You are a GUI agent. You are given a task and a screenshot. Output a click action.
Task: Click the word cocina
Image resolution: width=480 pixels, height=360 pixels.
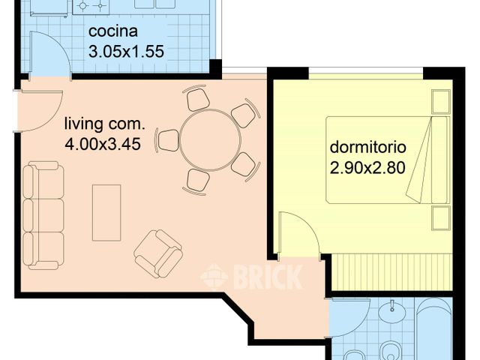[x=112, y=32]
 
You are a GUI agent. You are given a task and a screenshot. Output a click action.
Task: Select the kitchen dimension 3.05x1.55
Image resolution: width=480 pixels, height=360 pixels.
[x=126, y=52]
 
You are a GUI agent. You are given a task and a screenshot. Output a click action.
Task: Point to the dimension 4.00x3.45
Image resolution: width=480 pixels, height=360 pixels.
[x=103, y=145]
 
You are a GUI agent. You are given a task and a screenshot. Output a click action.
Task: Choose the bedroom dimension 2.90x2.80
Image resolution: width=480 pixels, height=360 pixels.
[x=367, y=168]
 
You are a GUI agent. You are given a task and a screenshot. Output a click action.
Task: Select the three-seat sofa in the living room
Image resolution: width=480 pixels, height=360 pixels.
[x=42, y=216]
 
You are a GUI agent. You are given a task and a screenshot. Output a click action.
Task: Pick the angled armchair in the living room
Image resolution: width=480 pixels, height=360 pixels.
[x=158, y=250]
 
